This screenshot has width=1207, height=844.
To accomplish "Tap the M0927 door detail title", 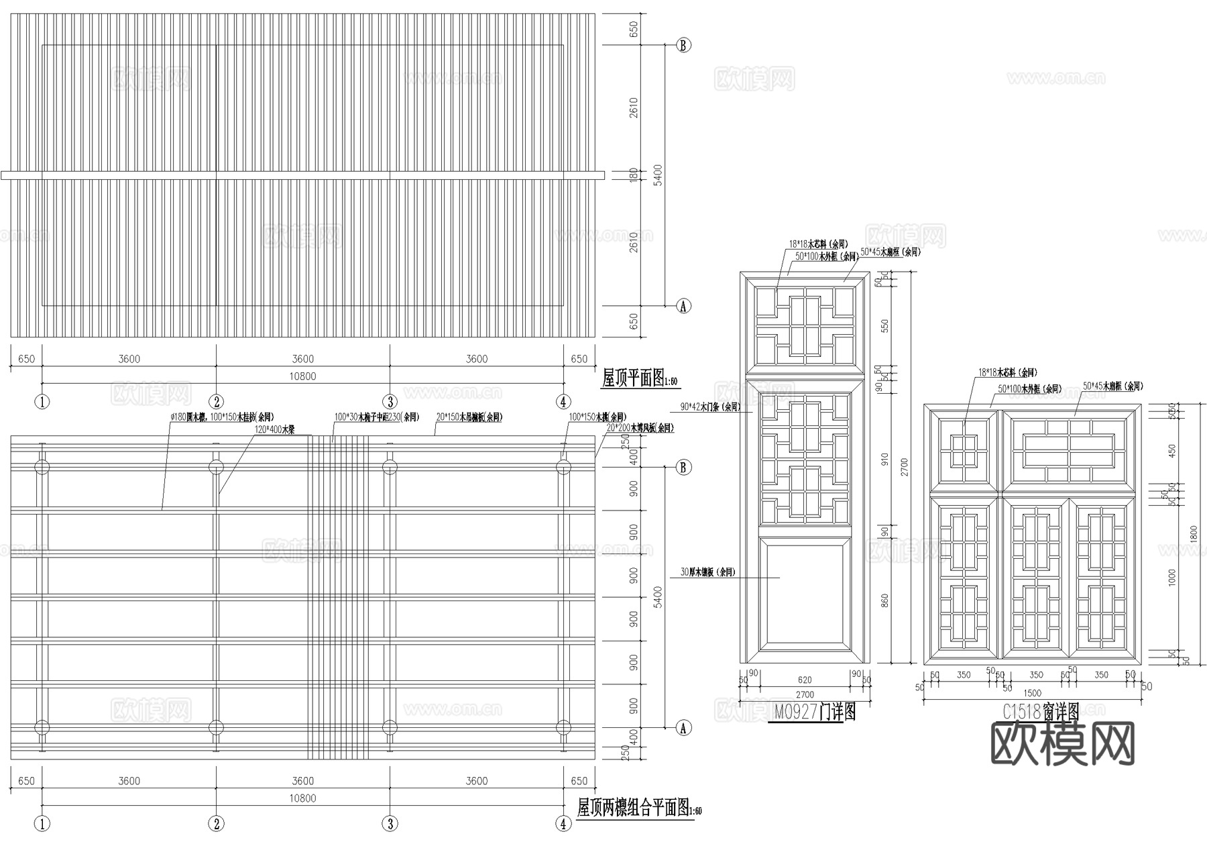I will [x=815, y=713].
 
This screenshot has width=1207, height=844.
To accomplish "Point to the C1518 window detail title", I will [x=1041, y=711].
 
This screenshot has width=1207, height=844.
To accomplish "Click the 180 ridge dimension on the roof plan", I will [x=634, y=174].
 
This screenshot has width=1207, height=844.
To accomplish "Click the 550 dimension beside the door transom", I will [x=883, y=327].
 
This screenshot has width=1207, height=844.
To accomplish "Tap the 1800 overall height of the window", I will [x=1192, y=535].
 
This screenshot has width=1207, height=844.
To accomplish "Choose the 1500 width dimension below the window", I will [x=1033, y=693].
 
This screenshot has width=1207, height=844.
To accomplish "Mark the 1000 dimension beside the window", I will [x=1172, y=576].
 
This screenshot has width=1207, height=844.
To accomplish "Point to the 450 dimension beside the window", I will [x=1172, y=450].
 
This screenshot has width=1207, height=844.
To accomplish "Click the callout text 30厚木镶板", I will [x=707, y=572].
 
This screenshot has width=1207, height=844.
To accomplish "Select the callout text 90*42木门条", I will [x=709, y=407].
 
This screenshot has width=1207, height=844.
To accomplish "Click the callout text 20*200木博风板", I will [x=640, y=427].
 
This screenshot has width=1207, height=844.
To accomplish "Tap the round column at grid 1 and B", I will [x=42, y=467].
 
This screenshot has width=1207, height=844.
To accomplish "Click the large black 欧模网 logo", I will [x=1062, y=744].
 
